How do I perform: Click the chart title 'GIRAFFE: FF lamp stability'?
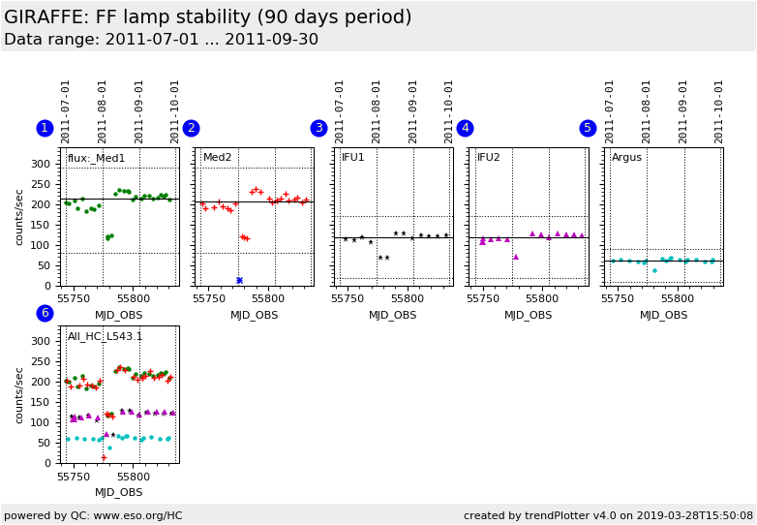[x=208, y=17]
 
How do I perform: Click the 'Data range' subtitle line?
[x=161, y=40]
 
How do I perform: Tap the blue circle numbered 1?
[x=45, y=128]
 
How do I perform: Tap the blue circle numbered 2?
[x=191, y=128]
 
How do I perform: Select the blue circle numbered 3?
[x=318, y=128]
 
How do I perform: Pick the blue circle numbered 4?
[x=465, y=128]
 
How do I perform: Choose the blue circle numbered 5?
[x=588, y=128]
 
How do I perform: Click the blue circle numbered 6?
[x=45, y=313]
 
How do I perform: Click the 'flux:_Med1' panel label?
[x=96, y=158]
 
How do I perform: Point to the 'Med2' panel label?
[x=217, y=158]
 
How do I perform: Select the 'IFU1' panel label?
[x=352, y=158]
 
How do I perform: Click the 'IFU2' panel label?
[x=488, y=158]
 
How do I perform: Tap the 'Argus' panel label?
[x=626, y=158]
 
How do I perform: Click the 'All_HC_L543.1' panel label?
[x=105, y=337]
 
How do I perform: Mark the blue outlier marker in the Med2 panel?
[x=239, y=280]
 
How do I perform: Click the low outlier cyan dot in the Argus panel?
[x=654, y=270]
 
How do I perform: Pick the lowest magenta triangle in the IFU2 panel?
[x=516, y=257]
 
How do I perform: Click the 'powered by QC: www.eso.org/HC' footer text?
[x=93, y=516]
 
